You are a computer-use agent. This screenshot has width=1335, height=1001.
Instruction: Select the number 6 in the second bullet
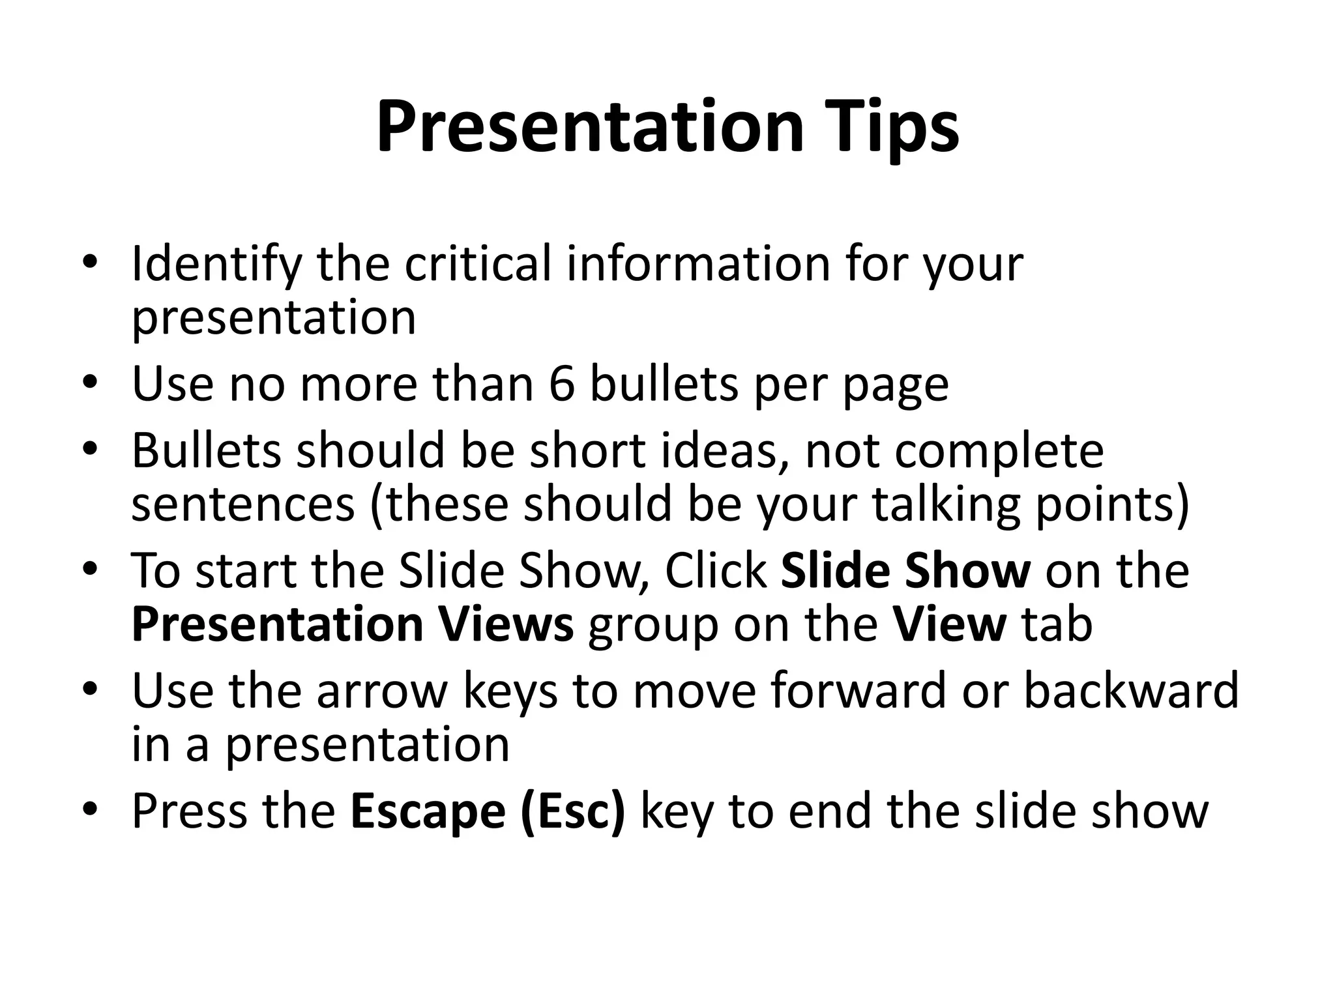coord(562,384)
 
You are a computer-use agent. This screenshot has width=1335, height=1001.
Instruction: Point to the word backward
coord(1130,690)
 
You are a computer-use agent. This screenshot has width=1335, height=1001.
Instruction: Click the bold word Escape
coord(428,811)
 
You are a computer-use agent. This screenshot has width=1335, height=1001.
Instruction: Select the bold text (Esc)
coord(573,811)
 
